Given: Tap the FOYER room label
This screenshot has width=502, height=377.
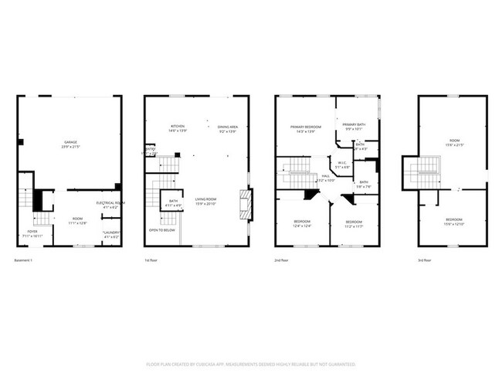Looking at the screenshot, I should coord(32,230).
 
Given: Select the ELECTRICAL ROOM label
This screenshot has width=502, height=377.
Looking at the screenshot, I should coord(110,202).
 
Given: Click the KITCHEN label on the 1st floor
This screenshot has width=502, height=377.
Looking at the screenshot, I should coord(178,127).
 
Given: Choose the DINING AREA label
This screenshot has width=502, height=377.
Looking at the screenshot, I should coord(227,127).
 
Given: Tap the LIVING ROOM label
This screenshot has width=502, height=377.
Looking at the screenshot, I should coord(205,199).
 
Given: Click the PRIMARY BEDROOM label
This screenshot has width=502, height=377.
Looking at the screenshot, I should coord(306,127).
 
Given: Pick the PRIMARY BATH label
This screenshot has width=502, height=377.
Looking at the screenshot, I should coord(354,127).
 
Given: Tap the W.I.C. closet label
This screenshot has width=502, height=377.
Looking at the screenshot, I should coord(342,162).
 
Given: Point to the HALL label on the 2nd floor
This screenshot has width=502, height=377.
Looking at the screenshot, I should coord(326,175).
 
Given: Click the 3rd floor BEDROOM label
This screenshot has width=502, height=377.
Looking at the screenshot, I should coord(453,220).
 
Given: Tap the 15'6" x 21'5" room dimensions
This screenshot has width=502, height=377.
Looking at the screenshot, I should coord(453,145).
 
